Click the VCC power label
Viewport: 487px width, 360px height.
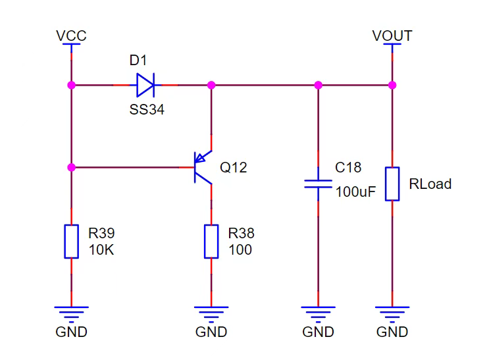pos(71,36)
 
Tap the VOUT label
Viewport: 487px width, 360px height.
pos(392,36)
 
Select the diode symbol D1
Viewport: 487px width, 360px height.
pos(145,85)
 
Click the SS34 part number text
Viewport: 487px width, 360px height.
pos(147,110)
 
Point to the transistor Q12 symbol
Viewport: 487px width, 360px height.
pos(203,167)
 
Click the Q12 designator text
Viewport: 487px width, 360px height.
pos(233,168)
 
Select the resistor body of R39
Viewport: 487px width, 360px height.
pos(72,242)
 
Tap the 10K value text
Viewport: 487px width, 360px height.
pos(101,249)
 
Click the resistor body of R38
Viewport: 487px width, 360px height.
pos(211,242)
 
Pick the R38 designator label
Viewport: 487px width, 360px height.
pos(242,233)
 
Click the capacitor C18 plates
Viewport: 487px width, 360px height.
pos(318,184)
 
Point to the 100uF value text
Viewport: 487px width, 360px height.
pos(355,192)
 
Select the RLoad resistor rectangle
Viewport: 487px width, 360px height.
pos(392,184)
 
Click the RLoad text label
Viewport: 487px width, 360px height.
pos(430,184)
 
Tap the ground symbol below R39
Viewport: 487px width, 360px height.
pos(72,315)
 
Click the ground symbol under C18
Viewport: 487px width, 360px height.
pos(318,315)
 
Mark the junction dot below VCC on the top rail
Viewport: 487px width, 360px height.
pos(72,85)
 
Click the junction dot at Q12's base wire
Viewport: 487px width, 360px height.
pos(72,167)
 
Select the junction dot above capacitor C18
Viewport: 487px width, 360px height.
pos(318,85)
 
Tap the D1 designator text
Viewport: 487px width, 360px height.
pos(138,61)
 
